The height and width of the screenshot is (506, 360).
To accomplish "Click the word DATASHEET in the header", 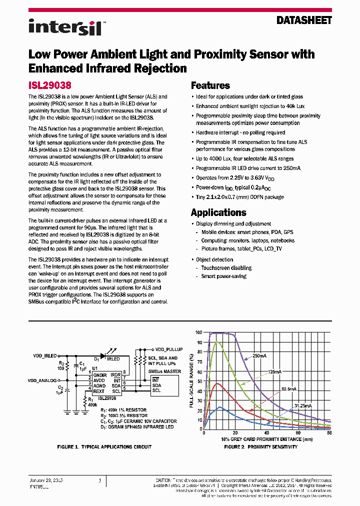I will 304,20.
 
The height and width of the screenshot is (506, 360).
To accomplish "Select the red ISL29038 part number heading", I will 50,85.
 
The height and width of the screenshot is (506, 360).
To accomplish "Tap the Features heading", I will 210,85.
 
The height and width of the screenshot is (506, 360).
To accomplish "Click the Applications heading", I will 218,212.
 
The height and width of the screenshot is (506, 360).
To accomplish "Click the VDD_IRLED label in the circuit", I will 45,355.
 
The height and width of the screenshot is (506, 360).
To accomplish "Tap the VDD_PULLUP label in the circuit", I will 169,349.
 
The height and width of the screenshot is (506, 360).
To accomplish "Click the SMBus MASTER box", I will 163,383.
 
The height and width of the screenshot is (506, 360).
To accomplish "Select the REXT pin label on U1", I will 99,391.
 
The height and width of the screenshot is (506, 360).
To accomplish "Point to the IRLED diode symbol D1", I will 103,356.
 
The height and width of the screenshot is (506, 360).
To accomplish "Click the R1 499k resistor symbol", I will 83,400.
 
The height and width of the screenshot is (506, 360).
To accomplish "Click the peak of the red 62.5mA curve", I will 217,383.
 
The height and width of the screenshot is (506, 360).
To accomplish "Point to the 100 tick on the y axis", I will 198,332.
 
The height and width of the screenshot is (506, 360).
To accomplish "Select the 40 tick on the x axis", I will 266,433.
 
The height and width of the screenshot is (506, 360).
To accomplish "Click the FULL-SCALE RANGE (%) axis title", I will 191,380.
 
